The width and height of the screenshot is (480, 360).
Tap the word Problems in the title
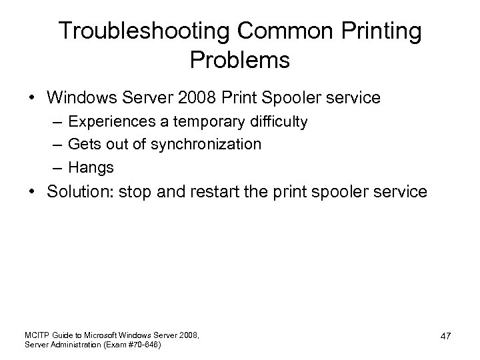(x=239, y=60)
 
